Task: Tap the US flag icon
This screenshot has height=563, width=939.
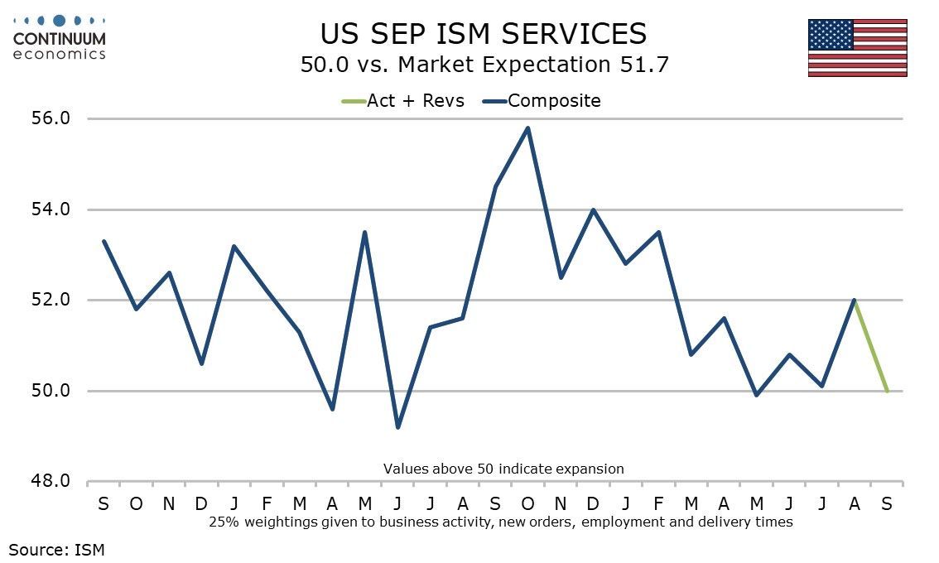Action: tap(857, 47)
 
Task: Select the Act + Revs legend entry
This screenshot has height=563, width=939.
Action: tap(403, 101)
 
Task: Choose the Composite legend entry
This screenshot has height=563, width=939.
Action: tap(543, 101)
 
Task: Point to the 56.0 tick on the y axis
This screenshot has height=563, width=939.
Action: tap(51, 118)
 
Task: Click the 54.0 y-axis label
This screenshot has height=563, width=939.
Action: tap(51, 209)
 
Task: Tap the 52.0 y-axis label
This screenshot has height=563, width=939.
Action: tap(51, 300)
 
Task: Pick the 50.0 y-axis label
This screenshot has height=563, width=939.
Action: tap(51, 391)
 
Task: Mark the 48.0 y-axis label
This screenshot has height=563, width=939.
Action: tap(51, 482)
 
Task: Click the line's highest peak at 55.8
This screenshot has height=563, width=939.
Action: tap(527, 128)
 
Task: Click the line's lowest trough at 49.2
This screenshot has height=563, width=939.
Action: tap(397, 427)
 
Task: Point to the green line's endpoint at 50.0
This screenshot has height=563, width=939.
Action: tap(887, 391)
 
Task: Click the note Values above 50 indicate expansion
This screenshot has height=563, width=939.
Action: tap(503, 469)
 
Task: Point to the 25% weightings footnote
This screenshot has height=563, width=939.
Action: tap(501, 522)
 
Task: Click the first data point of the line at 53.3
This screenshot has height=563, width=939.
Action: tap(104, 241)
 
